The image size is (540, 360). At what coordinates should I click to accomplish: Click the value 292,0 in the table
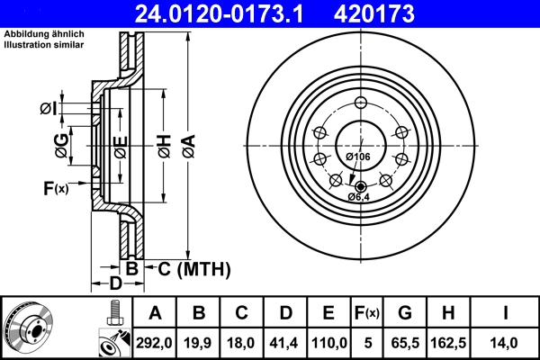coord(154,342)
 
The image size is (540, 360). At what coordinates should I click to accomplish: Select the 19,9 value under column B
coord(198,342)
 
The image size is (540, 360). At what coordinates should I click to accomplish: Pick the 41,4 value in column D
coord(285,342)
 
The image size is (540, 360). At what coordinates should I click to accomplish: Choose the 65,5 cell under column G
coord(406,342)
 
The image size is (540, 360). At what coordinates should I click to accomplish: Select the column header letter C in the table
coord(241,313)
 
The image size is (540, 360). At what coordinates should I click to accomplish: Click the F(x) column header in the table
coord(367,313)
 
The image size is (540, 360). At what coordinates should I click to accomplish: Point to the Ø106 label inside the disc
coord(357,157)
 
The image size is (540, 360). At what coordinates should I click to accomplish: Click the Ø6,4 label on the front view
coord(359,196)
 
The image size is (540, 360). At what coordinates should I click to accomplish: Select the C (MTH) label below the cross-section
coord(194,268)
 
